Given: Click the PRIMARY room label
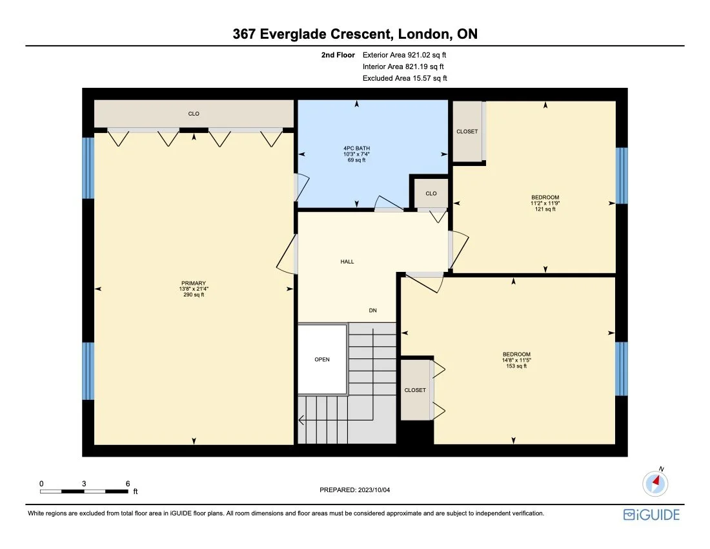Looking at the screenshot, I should [x=193, y=283].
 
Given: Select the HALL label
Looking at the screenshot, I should [x=347, y=262].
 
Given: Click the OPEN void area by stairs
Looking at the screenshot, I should [x=322, y=359].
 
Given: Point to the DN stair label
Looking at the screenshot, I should [x=372, y=311].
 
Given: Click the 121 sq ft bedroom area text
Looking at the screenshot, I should [x=545, y=209].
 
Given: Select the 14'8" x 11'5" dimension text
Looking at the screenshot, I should [x=516, y=360].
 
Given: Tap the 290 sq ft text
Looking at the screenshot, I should [x=193, y=295].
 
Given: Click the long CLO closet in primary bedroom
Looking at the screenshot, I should [x=194, y=114].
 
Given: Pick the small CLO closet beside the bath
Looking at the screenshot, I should [x=431, y=193].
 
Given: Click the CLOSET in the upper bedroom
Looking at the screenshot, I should [x=467, y=131].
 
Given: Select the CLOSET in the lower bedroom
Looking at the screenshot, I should [x=415, y=390].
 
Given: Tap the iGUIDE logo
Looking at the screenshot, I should [x=651, y=514].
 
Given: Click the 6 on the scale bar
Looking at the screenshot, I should [x=128, y=483].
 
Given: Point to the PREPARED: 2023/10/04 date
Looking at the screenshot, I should [x=355, y=490].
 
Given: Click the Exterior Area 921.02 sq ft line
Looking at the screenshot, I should [x=404, y=55].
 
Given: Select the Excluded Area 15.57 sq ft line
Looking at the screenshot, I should [x=404, y=78].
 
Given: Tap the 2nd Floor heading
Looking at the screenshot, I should [x=338, y=55].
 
